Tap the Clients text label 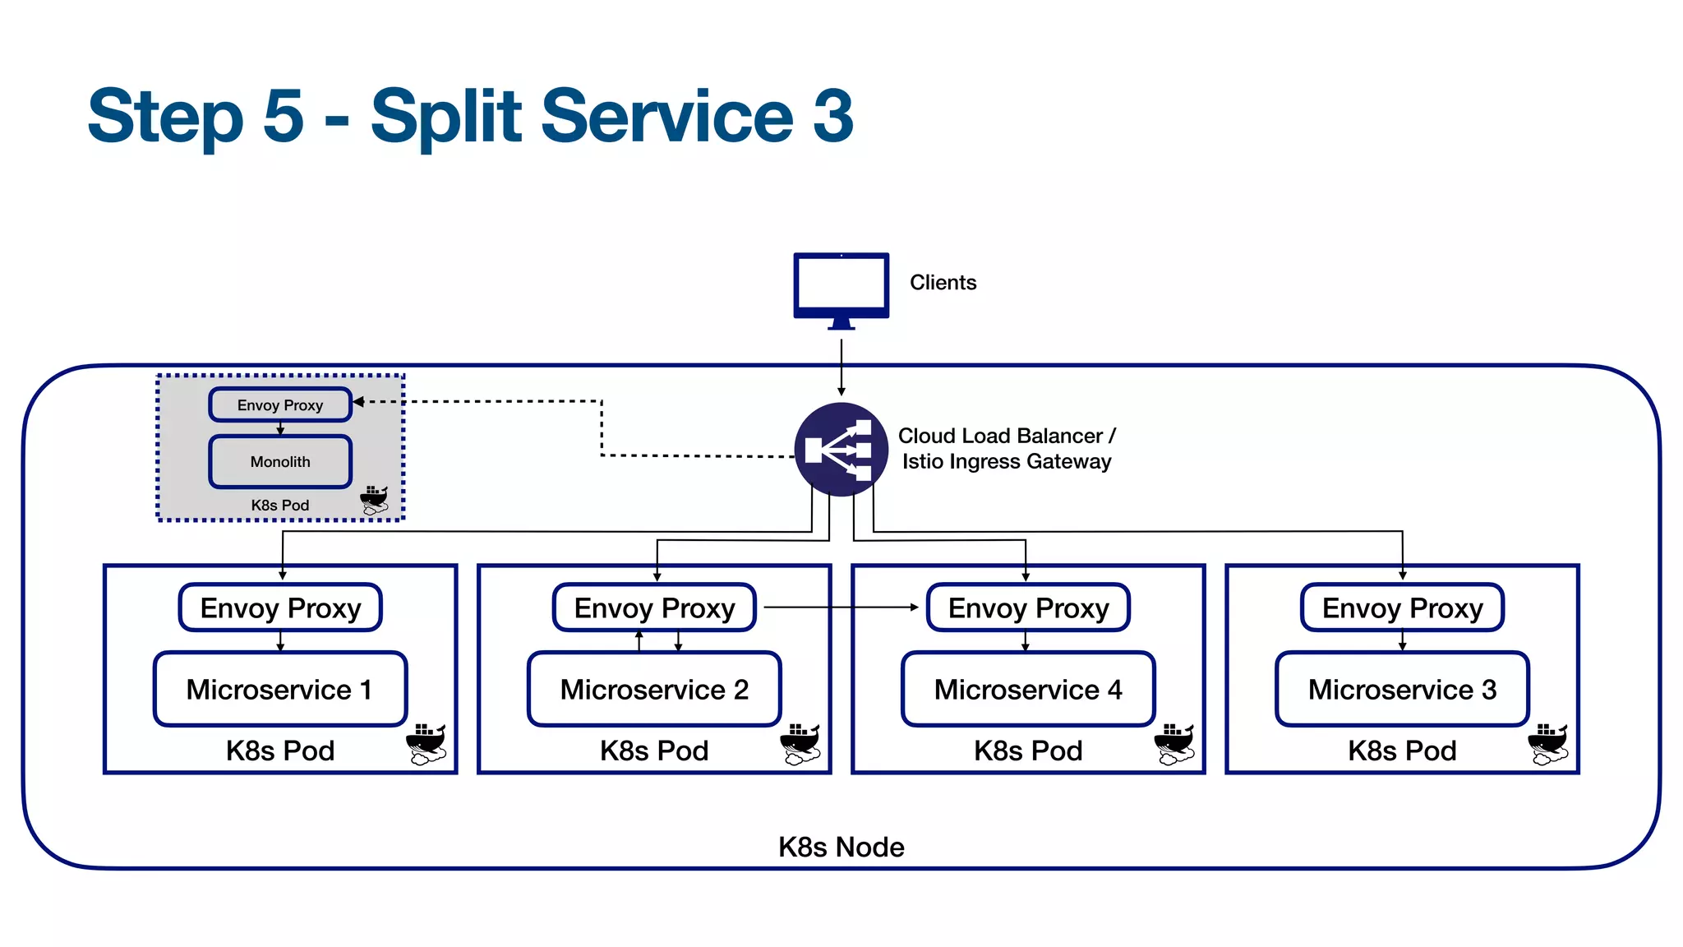pos(943,283)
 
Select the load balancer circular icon pos(841,450)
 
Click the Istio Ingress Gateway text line pos(1006,462)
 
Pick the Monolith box pos(280,462)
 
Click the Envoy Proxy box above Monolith pos(280,405)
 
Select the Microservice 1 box pos(280,690)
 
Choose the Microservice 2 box pos(654,690)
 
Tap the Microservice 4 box pos(1028,690)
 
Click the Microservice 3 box pos(1402,690)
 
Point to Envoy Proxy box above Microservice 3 pos(1402,608)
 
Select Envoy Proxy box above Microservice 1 pos(280,608)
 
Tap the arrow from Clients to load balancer pos(841,366)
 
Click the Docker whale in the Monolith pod pos(375,499)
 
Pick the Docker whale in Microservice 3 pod pos(1548,743)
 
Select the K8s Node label pos(841,848)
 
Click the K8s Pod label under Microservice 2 pos(654,751)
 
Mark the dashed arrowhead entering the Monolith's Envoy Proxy pos(358,402)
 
